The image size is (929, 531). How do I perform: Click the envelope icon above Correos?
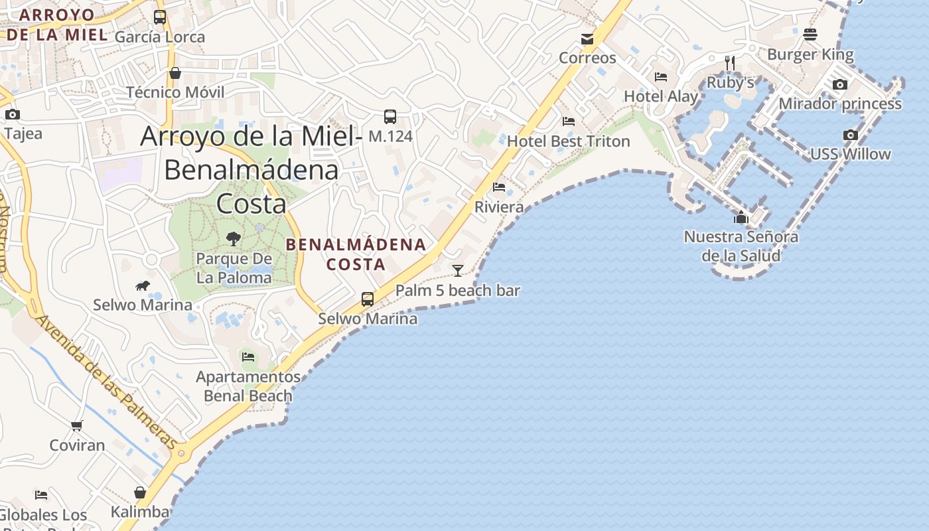587,39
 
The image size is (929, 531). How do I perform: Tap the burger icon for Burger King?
810,35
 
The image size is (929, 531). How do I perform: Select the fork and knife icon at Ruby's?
730,63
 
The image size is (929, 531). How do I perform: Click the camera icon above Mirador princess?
840,84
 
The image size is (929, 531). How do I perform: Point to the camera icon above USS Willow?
850,135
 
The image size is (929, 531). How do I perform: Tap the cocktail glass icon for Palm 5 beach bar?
458,270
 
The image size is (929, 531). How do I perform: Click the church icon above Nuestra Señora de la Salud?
741,217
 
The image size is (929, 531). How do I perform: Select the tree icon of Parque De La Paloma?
233,239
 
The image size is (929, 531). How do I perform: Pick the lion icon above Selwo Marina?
143,286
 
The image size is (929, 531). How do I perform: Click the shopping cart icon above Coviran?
77,425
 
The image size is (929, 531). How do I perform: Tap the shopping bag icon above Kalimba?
140,493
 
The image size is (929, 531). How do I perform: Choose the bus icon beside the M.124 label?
390,117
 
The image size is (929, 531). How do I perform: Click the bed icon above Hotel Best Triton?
569,121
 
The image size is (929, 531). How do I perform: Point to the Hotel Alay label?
661,96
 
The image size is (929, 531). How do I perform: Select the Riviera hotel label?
499,207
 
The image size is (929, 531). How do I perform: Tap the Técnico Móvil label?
175,92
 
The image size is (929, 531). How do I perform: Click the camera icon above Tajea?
13,115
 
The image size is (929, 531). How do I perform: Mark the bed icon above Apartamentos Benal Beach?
248,356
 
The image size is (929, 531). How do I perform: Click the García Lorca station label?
160,37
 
